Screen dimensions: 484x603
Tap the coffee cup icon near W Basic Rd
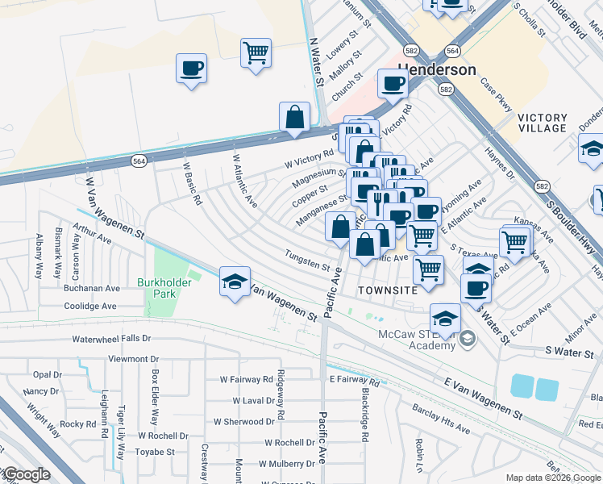(x=192, y=69)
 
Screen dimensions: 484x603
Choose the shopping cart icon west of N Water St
(x=256, y=53)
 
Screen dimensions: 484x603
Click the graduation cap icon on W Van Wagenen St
(x=235, y=282)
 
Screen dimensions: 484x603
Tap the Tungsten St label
(x=307, y=261)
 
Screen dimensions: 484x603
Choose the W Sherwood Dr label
(x=244, y=421)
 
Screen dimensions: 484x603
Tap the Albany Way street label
(x=39, y=257)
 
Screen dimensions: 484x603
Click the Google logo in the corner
(x=26, y=474)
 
